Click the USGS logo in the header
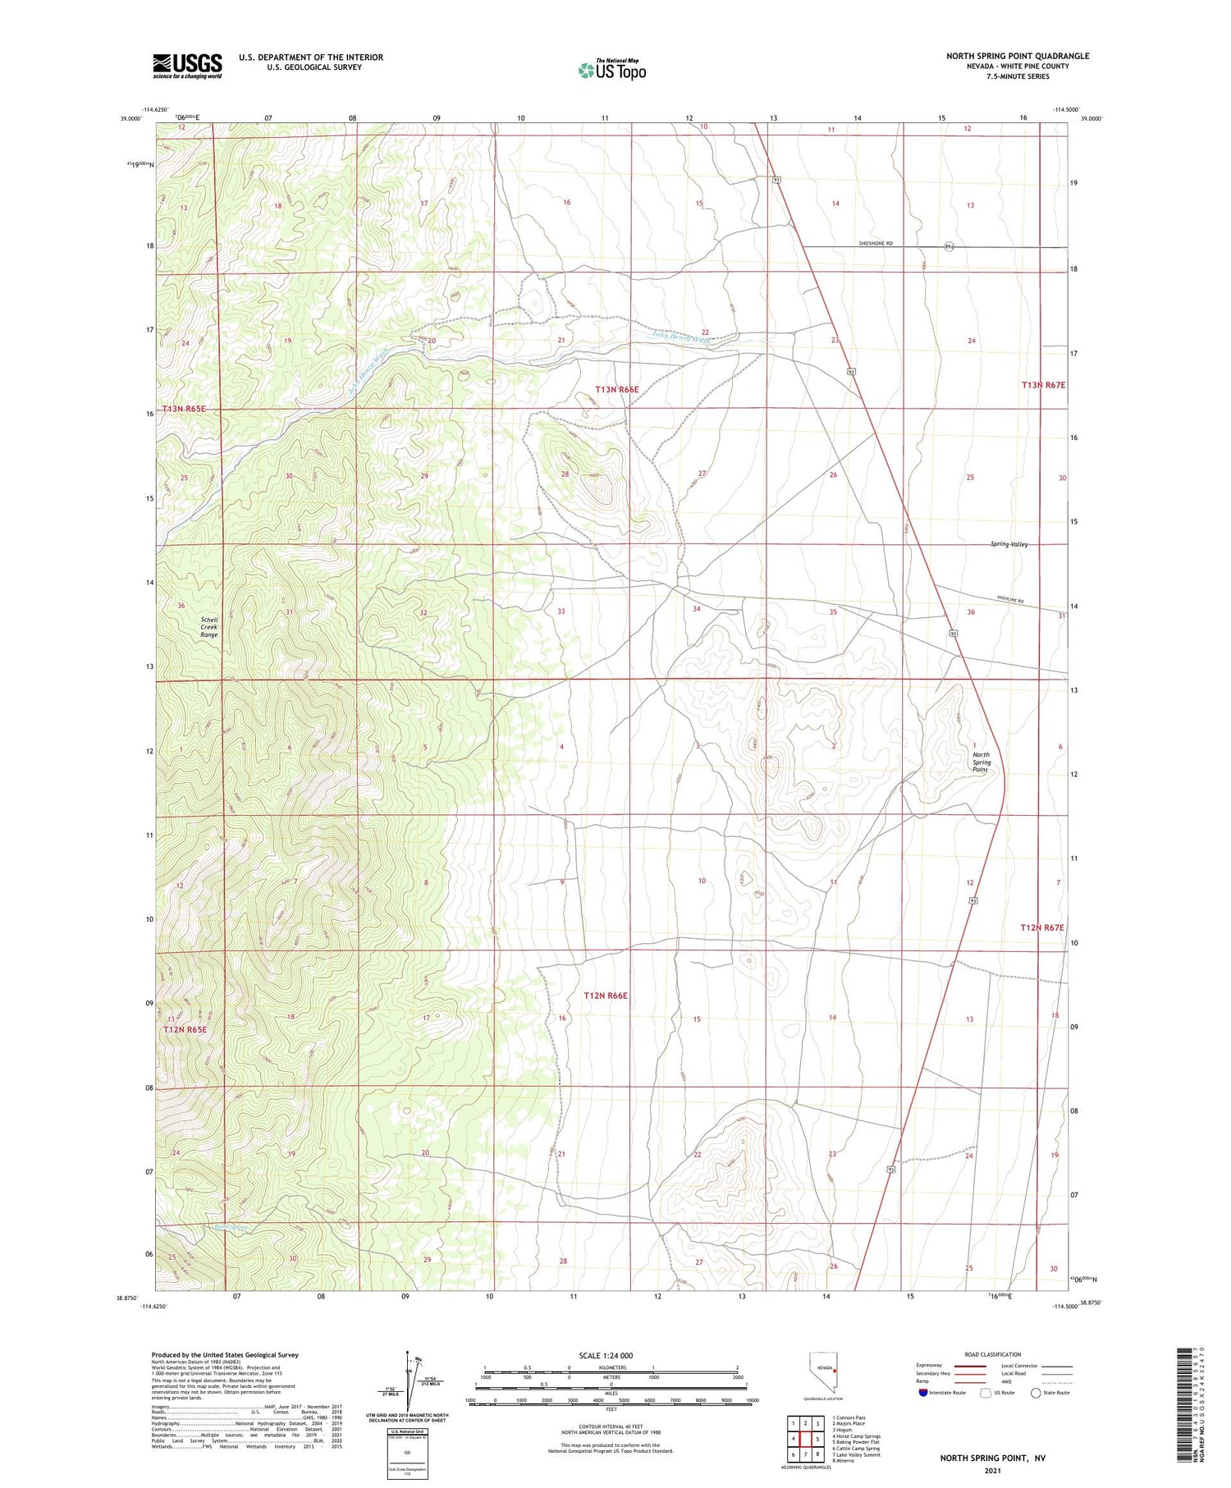click(187, 66)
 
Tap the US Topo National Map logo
click(612, 71)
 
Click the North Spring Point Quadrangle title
click(1018, 56)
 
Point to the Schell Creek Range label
click(209, 627)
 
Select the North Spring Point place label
click(981, 762)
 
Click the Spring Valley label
click(1009, 544)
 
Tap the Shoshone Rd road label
click(876, 244)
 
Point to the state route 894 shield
click(949, 246)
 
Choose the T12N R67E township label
click(1041, 927)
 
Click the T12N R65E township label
click(185, 1029)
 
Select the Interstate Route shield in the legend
click(922, 1393)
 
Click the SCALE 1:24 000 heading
click(606, 1355)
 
